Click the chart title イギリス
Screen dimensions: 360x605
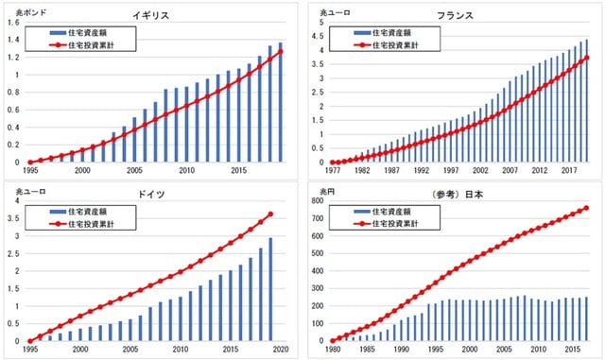click(x=154, y=16)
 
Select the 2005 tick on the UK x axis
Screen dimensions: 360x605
click(x=134, y=171)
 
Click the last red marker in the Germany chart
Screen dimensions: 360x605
click(x=271, y=214)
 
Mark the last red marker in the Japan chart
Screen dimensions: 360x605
click(x=587, y=208)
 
